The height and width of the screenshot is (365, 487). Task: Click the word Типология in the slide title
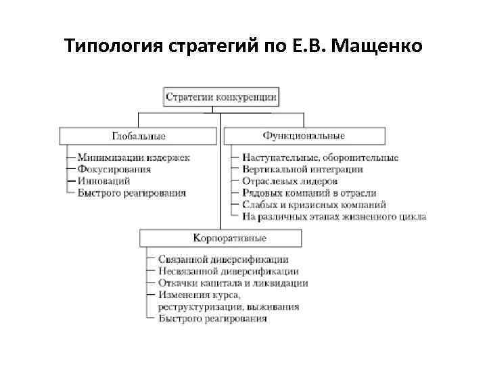point(110,47)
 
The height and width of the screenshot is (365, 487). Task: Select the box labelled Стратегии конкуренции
point(221,97)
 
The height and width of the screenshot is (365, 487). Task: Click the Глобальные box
point(139,136)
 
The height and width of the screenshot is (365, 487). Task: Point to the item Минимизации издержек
point(133,157)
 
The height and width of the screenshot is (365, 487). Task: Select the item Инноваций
point(103,181)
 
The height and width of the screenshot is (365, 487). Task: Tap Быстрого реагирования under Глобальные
point(131,193)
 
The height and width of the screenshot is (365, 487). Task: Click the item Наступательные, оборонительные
point(320,157)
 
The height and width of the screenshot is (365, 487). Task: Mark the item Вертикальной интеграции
point(302,169)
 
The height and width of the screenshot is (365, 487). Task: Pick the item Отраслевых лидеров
point(289,181)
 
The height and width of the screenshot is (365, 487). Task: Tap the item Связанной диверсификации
point(224,259)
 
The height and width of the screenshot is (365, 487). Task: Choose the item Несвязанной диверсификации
point(229,270)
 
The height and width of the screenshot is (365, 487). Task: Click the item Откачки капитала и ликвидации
point(233,283)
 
